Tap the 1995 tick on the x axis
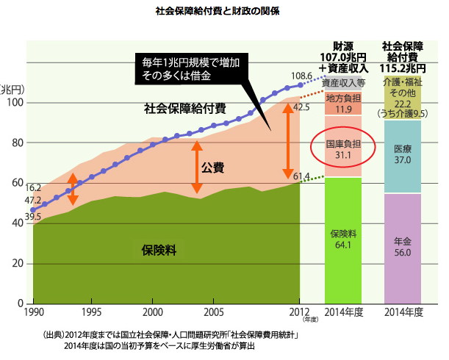[x=91, y=312]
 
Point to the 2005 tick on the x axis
[x=213, y=312]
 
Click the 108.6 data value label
[x=302, y=76]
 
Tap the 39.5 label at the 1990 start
[x=33, y=216]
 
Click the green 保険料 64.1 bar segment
[x=343, y=239]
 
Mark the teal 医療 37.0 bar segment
[x=402, y=154]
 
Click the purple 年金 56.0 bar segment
[x=402, y=247]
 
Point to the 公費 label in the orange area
[x=212, y=168]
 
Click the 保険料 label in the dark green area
[x=157, y=250]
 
